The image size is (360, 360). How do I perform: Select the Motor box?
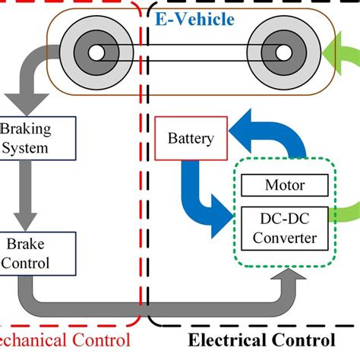(285, 185)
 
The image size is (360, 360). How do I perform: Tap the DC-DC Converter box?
(285, 227)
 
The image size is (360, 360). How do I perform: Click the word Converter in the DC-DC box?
(285, 238)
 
